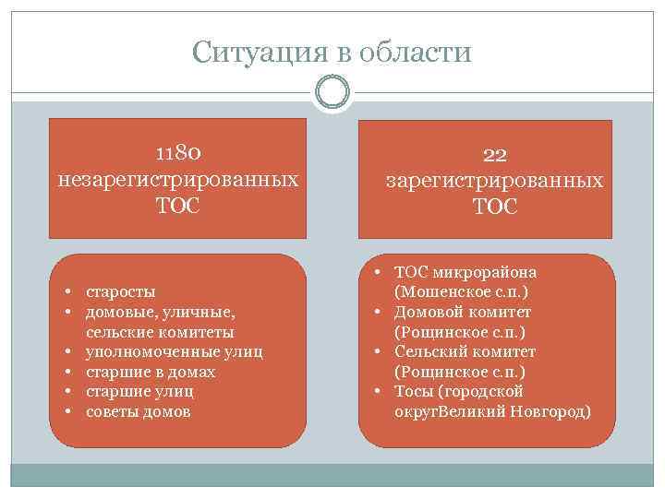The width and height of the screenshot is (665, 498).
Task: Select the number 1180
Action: [177, 150]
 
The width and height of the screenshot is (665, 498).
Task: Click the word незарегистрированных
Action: [177, 177]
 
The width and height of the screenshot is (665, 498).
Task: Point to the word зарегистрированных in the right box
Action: [495, 181]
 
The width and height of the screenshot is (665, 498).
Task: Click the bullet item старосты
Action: [121, 291]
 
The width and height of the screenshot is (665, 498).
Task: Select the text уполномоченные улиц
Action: [175, 351]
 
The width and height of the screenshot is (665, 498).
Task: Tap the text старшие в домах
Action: [151, 372]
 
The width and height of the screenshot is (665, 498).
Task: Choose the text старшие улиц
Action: [139, 391]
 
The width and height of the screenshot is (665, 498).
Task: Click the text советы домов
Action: [139, 411]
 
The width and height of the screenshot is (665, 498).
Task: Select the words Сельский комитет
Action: [465, 351]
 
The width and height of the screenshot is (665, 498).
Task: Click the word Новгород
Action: [549, 411]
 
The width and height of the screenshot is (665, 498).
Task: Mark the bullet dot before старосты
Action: [69, 291]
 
